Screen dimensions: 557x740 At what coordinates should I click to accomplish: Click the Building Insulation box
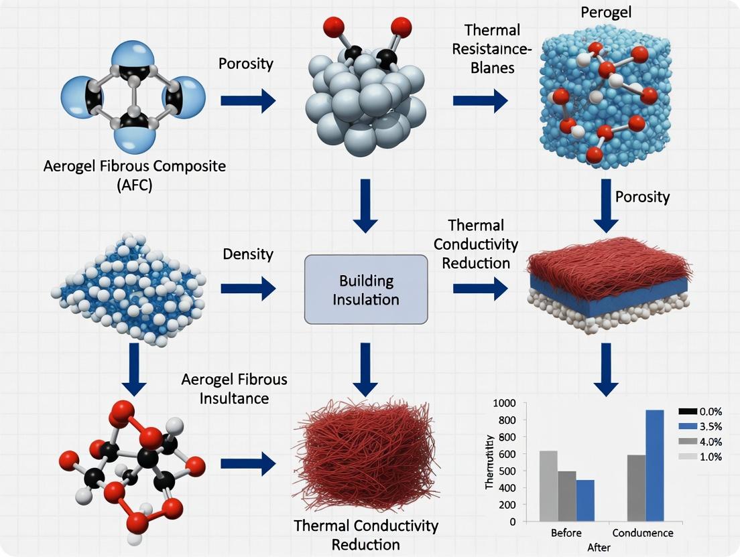(x=366, y=289)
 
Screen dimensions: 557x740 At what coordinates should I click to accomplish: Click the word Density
(x=247, y=254)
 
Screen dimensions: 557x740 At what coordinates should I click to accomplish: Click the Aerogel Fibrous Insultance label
(x=234, y=388)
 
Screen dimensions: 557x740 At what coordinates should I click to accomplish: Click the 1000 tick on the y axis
(x=503, y=403)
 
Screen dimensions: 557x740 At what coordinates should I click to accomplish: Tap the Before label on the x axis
(x=566, y=534)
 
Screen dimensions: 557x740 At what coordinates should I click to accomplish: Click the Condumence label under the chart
(x=647, y=534)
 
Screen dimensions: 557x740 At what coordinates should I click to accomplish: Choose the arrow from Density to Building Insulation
(x=247, y=289)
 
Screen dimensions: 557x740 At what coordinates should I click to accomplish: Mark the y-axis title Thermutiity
(x=490, y=461)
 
